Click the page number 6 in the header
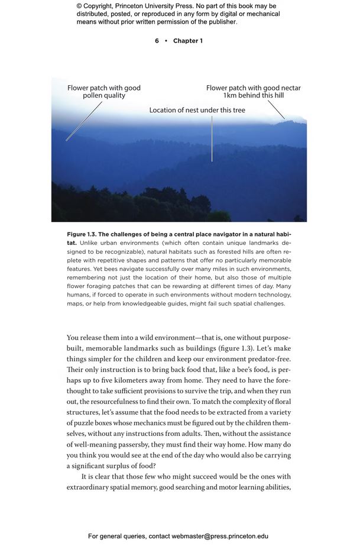coord(157,41)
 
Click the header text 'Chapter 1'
coord(188,41)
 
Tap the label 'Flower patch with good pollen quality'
coord(104,91)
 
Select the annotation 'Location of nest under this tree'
coord(197,110)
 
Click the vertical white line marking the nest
coord(212,139)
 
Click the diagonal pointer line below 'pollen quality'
coord(83,121)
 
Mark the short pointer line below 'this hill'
coord(275,109)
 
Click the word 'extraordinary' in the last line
coord(90,487)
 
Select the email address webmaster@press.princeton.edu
coord(220,536)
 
